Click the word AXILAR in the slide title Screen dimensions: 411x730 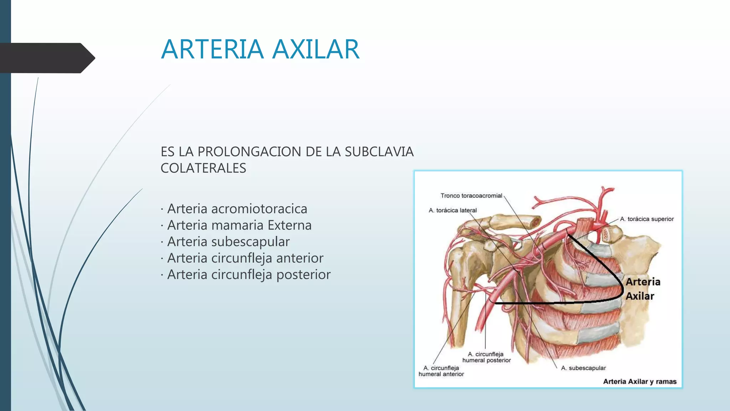click(316, 49)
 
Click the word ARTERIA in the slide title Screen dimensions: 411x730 click(212, 49)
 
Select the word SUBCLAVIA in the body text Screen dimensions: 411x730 click(379, 152)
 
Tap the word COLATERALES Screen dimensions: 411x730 click(203, 168)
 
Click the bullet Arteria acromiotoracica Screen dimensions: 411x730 click(237, 209)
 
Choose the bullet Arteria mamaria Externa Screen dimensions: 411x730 click(239, 225)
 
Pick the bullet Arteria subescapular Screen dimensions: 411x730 click(228, 242)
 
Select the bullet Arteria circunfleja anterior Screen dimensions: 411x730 click(245, 258)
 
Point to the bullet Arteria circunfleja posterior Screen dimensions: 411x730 click(249, 274)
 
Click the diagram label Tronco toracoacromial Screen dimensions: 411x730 click(471, 196)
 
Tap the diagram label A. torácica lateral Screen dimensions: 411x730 click(452, 210)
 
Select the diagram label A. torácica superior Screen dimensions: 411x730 click(647, 219)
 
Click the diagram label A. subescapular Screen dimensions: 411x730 click(583, 368)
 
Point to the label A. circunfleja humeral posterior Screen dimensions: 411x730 click(486, 357)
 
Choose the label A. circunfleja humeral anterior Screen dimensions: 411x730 click(441, 371)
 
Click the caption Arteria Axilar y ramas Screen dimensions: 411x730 click(639, 381)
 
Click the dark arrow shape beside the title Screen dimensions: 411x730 click(46, 58)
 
